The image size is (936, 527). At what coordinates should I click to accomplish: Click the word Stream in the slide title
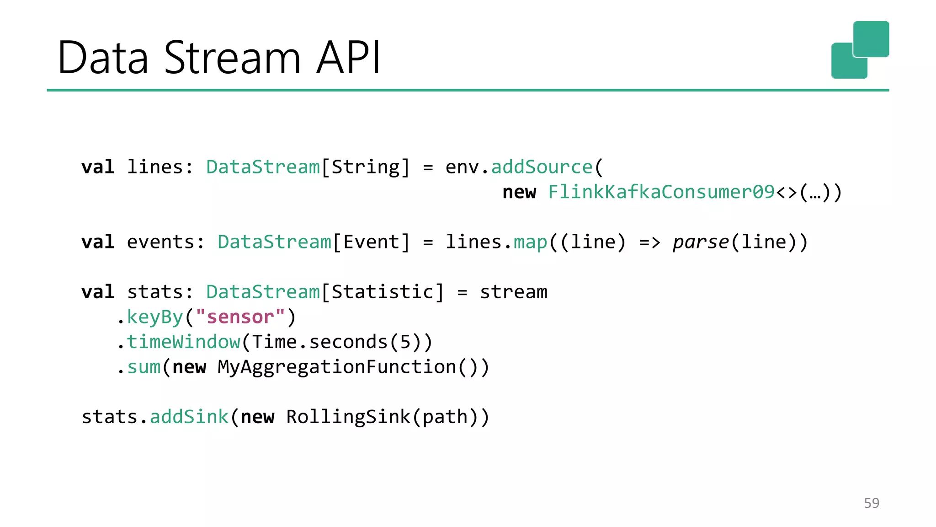click(232, 58)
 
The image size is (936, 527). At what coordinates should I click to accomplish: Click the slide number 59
click(871, 503)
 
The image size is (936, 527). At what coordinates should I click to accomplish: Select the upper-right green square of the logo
click(871, 39)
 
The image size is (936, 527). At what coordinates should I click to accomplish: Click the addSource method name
click(542, 167)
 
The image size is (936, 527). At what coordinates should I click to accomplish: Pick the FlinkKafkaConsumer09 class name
click(661, 192)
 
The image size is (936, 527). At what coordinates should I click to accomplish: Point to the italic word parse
click(701, 242)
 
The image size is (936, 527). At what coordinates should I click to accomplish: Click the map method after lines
click(530, 242)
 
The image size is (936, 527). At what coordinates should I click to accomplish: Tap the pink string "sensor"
click(240, 317)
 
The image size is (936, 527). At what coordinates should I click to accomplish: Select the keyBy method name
click(155, 317)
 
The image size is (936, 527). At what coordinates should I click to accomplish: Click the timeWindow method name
click(183, 342)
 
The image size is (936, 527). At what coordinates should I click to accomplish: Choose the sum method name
click(144, 367)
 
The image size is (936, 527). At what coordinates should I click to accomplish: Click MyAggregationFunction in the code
click(337, 367)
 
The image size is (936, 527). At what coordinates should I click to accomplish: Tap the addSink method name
click(189, 417)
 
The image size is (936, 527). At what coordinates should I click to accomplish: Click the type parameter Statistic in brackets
click(382, 292)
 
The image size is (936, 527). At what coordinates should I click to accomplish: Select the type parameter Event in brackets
click(371, 242)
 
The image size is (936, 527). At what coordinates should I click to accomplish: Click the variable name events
click(160, 242)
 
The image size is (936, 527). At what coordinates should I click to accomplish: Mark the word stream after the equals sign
click(513, 292)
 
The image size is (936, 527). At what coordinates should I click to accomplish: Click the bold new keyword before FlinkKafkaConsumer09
click(519, 192)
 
